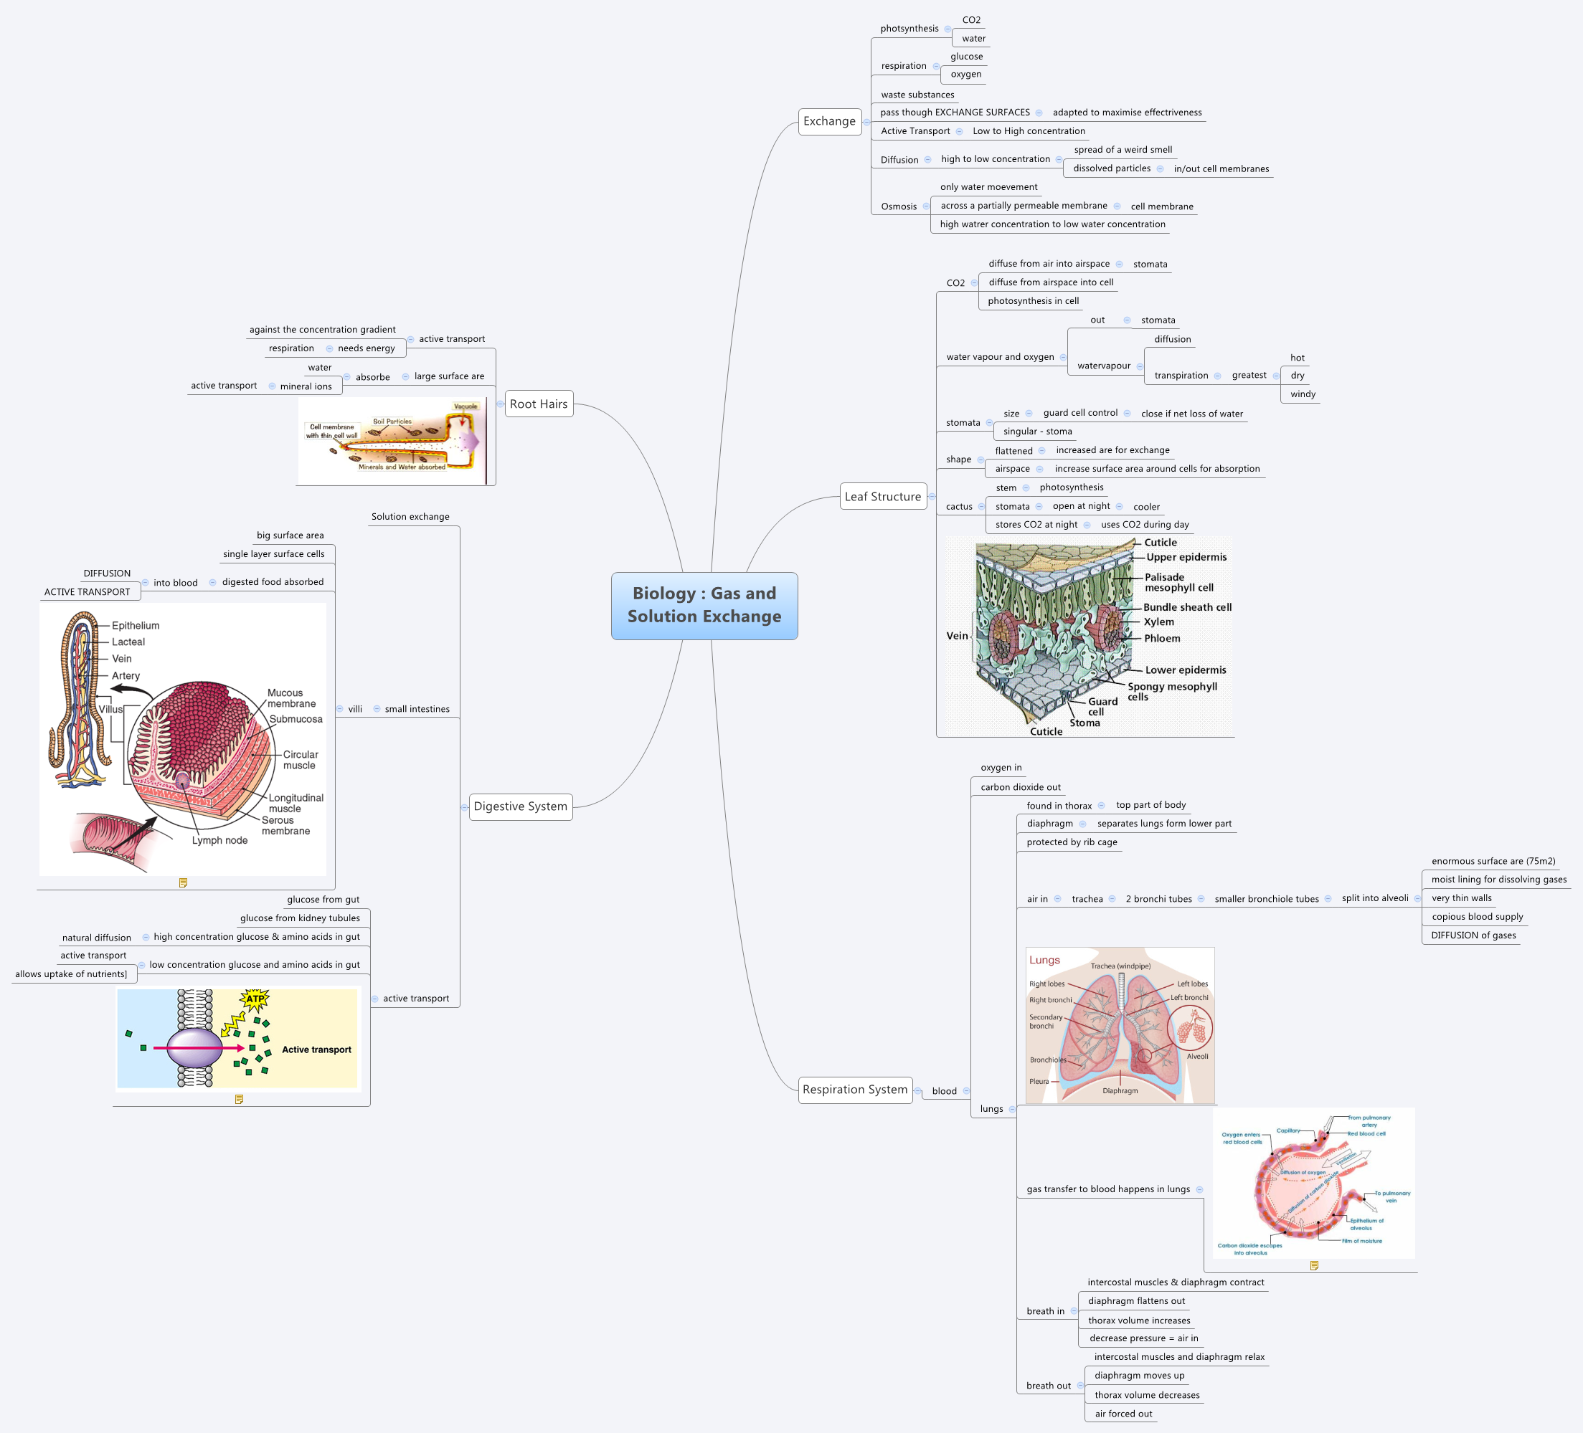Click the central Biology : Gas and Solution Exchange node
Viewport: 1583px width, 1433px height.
[x=704, y=605]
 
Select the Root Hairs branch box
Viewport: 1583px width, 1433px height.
[x=539, y=404]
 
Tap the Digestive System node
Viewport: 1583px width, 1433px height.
[x=521, y=806]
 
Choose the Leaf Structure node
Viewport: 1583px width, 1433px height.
[x=882, y=497]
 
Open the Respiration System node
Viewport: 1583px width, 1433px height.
[x=855, y=1090]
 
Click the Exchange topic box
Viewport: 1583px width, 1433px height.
[x=829, y=121]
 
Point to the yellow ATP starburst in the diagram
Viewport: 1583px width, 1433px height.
[x=255, y=999]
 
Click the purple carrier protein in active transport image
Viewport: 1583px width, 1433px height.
[x=194, y=1047]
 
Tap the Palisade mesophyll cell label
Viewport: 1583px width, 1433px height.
[x=1178, y=582]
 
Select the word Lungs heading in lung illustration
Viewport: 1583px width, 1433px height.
[x=1044, y=960]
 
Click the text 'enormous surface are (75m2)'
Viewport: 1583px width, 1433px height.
[x=1493, y=861]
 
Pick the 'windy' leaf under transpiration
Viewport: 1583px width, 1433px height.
[x=1303, y=394]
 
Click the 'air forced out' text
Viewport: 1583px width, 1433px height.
[x=1124, y=1414]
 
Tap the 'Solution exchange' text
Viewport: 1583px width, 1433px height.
[x=410, y=516]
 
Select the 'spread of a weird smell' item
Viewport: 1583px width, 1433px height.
[x=1123, y=149]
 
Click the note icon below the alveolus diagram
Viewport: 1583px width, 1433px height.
[x=1315, y=1265]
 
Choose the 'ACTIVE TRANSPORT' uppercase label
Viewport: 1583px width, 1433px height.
[x=88, y=591]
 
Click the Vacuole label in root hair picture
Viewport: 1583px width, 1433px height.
[x=466, y=406]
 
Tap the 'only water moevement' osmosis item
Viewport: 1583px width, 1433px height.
[x=988, y=187]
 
